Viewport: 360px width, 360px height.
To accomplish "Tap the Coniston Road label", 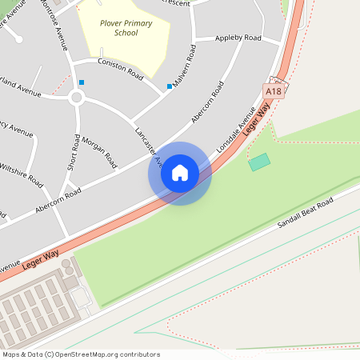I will (x=119, y=69).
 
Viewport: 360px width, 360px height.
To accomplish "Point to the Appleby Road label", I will (x=238, y=38).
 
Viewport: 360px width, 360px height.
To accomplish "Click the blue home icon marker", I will (x=180, y=173).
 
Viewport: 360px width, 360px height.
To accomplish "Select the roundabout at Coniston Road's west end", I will (x=76, y=98).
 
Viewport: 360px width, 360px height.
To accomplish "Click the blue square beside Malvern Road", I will (x=169, y=86).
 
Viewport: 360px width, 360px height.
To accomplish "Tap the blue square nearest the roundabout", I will (x=82, y=82).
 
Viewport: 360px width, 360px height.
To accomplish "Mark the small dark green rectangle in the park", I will (x=259, y=162).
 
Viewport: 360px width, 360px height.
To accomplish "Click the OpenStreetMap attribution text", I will (x=81, y=354).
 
